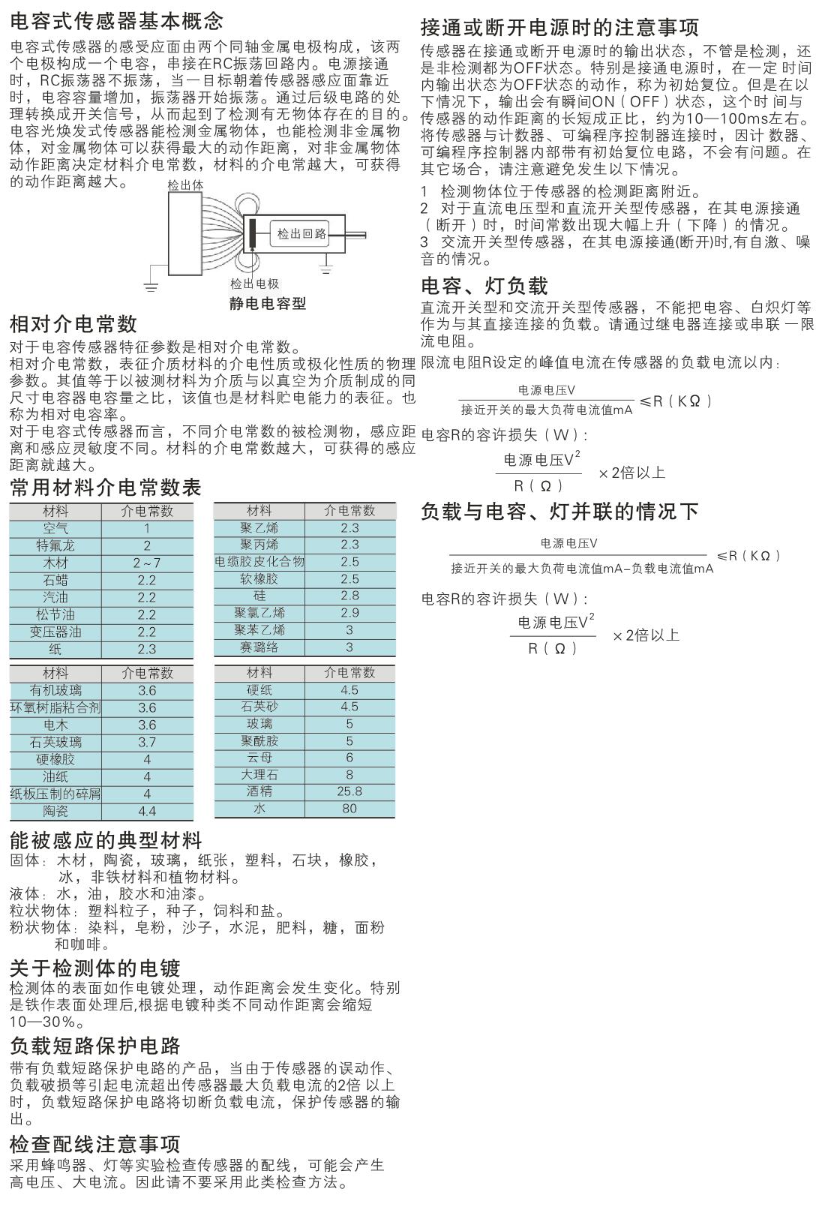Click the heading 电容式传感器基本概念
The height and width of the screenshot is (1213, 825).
pos(116,20)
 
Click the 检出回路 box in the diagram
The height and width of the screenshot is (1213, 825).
pos(301,233)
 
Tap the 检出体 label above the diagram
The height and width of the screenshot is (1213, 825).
pos(185,185)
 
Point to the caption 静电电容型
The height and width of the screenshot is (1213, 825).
pos(268,303)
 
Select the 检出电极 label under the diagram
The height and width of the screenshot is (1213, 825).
pos(255,284)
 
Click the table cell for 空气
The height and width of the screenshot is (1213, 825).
pos(55,528)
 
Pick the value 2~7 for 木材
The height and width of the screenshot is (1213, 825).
pos(147,563)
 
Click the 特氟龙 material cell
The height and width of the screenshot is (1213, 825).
pos(55,545)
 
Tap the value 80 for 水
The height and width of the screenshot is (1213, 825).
pos(349,808)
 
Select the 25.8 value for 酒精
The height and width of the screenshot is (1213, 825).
pos(349,791)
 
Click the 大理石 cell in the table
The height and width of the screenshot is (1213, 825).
pos(259,773)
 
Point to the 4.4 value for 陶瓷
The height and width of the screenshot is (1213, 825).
pos(147,811)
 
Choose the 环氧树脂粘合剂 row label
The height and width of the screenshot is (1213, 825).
pos(55,707)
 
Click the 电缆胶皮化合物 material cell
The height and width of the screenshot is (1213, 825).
pos(259,562)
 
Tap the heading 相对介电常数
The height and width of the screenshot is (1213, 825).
pos(73,324)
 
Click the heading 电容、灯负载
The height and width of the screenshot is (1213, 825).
pos(484,286)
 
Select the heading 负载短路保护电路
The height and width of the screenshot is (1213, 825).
pos(95,1046)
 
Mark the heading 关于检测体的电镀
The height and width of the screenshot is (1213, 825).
pos(95,968)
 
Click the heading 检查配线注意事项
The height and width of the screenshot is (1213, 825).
pos(95,1144)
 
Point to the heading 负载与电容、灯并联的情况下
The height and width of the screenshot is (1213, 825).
pos(559,512)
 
